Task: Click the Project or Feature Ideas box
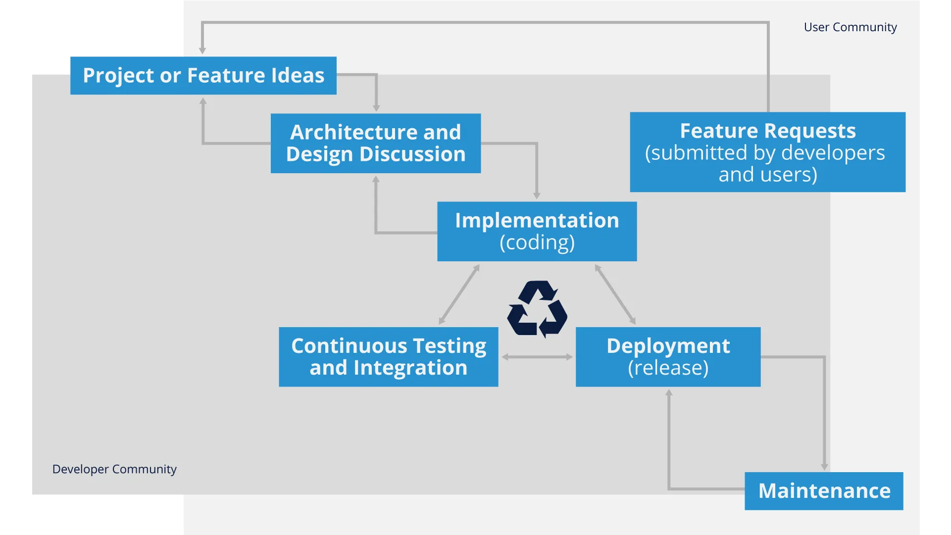(x=203, y=76)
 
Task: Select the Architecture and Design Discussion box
(x=376, y=144)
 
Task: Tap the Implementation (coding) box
(x=537, y=231)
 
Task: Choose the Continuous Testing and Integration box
(x=389, y=357)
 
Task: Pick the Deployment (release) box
(x=668, y=357)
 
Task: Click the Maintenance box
(x=824, y=491)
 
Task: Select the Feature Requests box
(x=767, y=152)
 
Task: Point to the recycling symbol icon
(x=538, y=309)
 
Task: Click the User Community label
(x=850, y=27)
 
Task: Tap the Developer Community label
(x=114, y=469)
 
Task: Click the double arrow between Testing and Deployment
(x=537, y=357)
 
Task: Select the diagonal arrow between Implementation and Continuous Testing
(x=459, y=295)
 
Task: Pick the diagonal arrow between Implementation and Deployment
(x=615, y=294)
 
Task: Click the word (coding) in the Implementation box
(x=537, y=243)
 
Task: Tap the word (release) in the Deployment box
(x=668, y=368)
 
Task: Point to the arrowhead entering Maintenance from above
(x=824, y=466)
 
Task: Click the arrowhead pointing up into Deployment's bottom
(x=669, y=392)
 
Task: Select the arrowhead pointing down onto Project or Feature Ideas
(x=202, y=50)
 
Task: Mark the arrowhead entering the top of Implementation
(x=537, y=196)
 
